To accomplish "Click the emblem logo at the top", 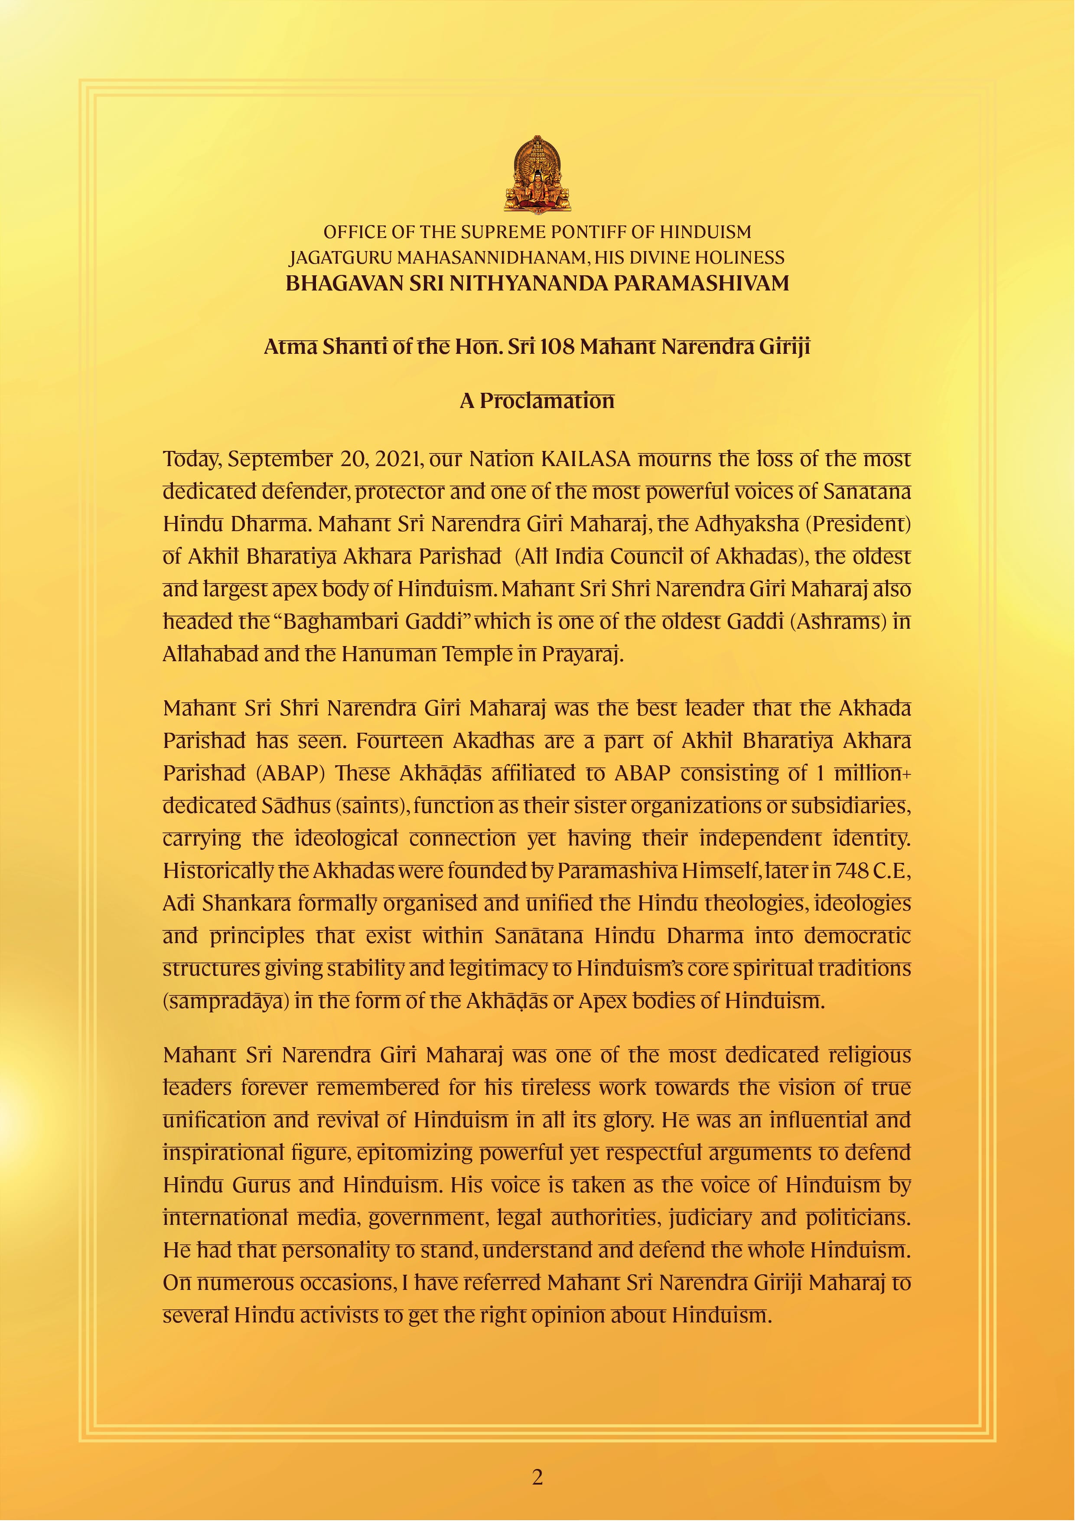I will (537, 174).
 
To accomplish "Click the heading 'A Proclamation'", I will (537, 401).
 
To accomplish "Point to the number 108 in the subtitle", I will (558, 347).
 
